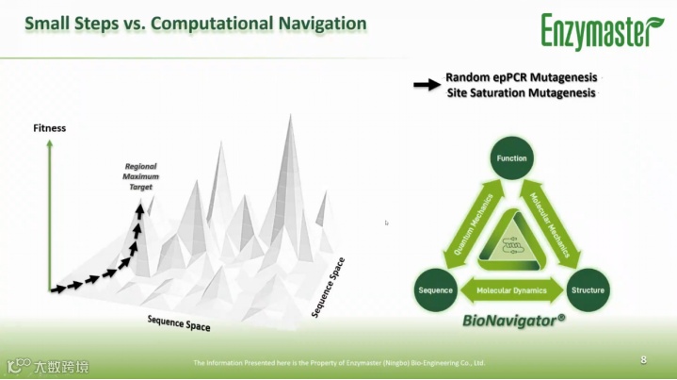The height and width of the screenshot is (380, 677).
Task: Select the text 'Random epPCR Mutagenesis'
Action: (x=521, y=77)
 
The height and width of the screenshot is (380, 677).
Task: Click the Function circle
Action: (x=511, y=158)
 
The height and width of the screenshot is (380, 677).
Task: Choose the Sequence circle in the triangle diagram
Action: (x=436, y=289)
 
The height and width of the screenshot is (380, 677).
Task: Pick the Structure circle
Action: (x=588, y=289)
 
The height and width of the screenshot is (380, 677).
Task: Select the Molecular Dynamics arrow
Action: (x=511, y=290)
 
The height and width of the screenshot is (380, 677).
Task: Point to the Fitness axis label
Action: (x=49, y=127)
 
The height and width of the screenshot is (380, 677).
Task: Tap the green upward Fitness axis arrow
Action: (x=49, y=212)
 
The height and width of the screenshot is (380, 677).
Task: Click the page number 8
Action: (x=644, y=359)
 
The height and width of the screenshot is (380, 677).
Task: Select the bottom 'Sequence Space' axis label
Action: (x=179, y=322)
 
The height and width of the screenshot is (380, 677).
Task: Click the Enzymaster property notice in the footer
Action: (x=339, y=362)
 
